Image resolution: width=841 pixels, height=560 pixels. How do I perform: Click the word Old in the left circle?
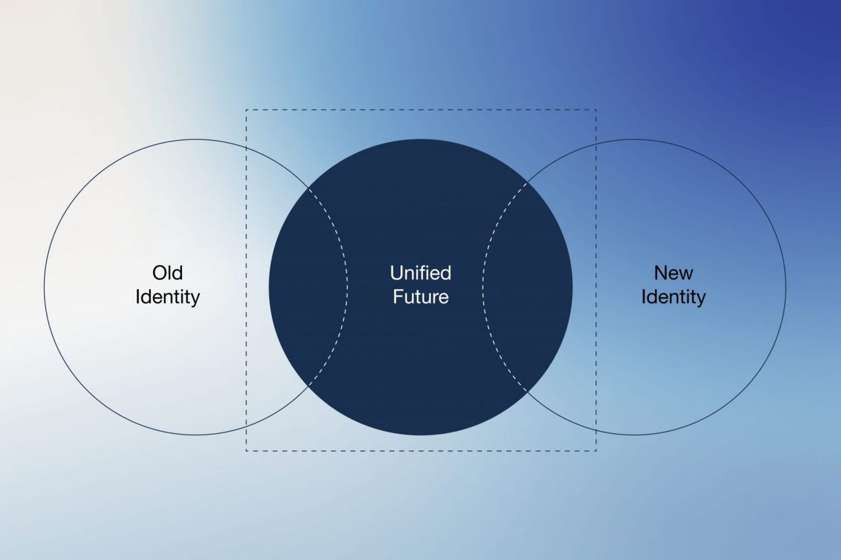tap(167, 273)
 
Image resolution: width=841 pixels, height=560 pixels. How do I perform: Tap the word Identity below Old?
tap(167, 298)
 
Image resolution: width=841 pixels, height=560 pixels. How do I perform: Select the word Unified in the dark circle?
tap(420, 273)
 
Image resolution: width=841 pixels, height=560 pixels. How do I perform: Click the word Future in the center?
tap(420, 297)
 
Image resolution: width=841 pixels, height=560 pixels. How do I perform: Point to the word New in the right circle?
tap(673, 273)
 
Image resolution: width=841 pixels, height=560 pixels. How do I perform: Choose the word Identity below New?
tap(673, 298)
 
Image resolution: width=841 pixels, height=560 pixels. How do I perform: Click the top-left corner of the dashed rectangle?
tap(246, 110)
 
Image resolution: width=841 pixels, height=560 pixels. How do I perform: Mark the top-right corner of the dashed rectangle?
tap(596, 110)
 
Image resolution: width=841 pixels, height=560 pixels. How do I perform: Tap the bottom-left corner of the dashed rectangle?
tap(246, 451)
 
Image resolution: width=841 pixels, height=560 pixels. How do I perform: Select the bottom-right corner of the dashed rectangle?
tap(596, 451)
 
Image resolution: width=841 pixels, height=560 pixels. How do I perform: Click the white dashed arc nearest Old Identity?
tap(347, 287)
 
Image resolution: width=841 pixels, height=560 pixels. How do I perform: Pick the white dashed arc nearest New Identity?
tap(483, 287)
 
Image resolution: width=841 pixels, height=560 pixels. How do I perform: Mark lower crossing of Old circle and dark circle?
tap(308, 386)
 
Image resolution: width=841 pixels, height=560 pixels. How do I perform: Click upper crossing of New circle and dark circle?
tap(527, 183)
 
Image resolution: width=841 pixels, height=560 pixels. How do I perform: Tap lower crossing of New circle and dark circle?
tap(527, 391)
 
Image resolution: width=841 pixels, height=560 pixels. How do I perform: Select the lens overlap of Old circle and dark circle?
tap(308, 287)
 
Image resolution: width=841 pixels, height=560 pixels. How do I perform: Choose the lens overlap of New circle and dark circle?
tap(527, 287)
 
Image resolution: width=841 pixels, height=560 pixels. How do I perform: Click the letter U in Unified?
tap(396, 273)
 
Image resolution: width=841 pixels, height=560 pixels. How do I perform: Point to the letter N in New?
tap(661, 273)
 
